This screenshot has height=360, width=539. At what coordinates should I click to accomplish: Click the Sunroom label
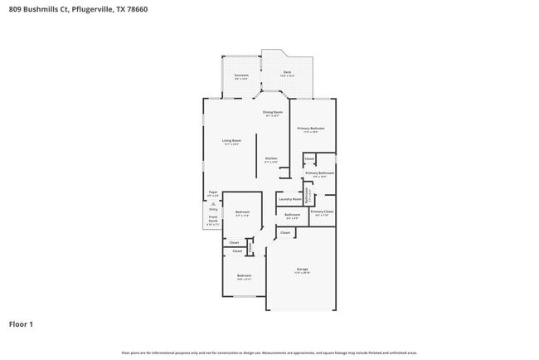[x=241, y=75]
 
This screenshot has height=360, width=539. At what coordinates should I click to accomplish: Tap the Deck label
[x=287, y=73]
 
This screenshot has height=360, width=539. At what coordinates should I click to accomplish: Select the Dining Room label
[x=273, y=113]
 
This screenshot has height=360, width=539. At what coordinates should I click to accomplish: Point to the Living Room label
[x=231, y=141]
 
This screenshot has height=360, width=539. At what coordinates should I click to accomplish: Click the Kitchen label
[x=271, y=158]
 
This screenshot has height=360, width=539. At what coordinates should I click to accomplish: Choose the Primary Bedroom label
[x=312, y=129]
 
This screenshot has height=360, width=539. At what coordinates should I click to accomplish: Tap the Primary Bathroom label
[x=318, y=173]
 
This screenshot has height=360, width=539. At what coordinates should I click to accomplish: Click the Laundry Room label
[x=290, y=199]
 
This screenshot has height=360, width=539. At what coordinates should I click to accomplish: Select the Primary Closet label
[x=322, y=212]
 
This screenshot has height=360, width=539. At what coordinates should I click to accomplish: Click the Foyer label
[x=212, y=192]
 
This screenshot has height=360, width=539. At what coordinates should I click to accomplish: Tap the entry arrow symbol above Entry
[x=212, y=203]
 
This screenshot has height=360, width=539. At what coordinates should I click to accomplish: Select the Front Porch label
[x=213, y=220]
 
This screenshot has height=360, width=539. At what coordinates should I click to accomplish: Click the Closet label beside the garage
[x=285, y=233]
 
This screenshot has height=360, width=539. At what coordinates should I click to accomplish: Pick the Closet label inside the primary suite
[x=309, y=158]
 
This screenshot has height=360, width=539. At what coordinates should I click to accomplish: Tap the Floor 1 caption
[x=21, y=324]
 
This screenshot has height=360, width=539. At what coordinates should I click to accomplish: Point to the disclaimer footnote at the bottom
[x=269, y=353]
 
